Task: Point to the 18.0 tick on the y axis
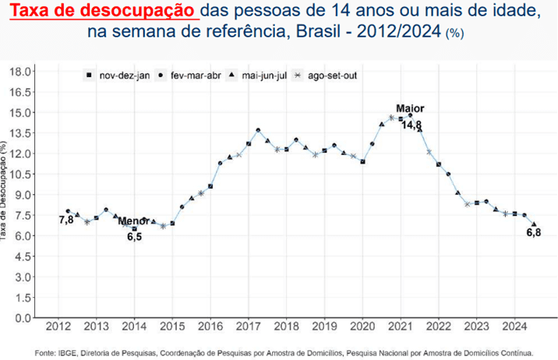tap(20, 71)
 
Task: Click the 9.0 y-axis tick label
tap(23, 194)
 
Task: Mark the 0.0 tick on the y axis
tap(23, 318)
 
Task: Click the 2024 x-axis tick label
tap(514, 327)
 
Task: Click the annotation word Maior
tap(411, 108)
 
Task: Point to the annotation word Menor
tap(133, 221)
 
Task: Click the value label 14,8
tap(411, 125)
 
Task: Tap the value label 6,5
tap(134, 236)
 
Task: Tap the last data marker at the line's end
tap(534, 224)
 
